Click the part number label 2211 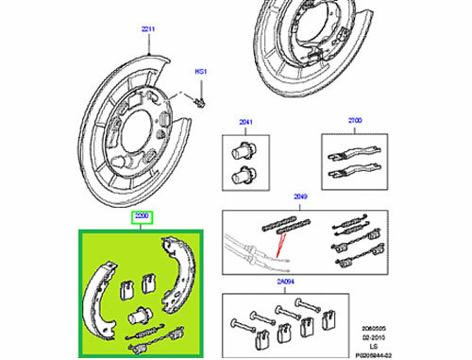pyautogui.click(x=148, y=30)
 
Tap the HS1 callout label pyautogui.click(x=201, y=72)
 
